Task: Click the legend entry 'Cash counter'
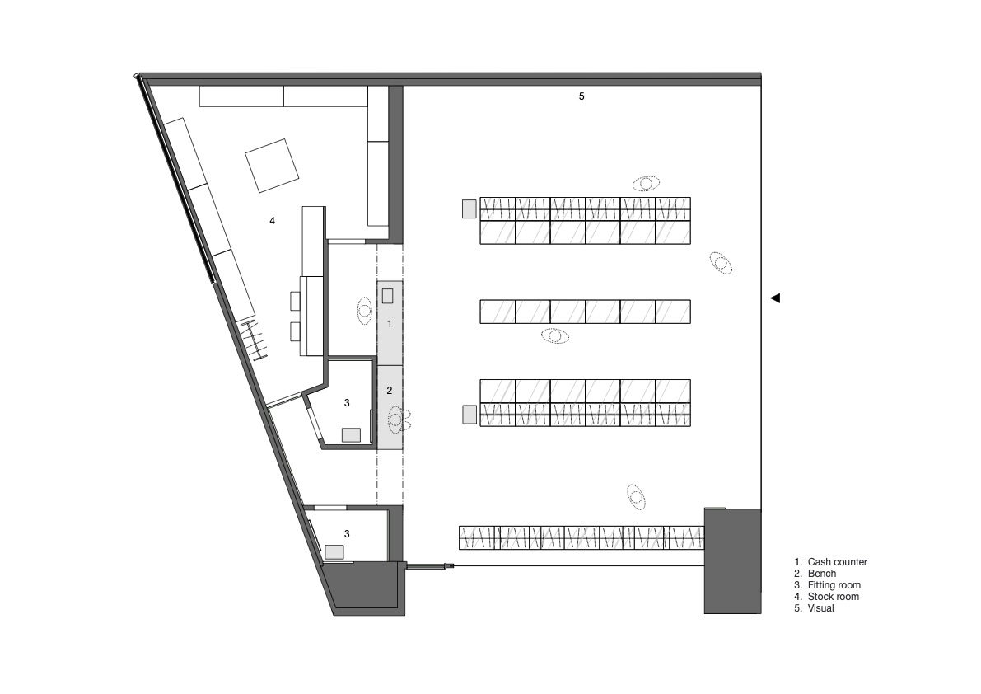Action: (837, 562)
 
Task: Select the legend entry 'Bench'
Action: (821, 573)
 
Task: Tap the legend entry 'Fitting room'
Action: (834, 585)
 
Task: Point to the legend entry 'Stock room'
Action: (834, 597)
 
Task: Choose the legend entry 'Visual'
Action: (821, 607)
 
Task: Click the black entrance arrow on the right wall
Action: (775, 298)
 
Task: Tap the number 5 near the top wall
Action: (582, 96)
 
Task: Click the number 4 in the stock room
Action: (272, 220)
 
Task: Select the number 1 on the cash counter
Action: (389, 324)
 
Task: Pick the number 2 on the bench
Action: (389, 391)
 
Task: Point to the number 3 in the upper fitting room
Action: (348, 403)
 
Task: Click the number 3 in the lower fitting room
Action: (348, 534)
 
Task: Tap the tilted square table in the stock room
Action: (272, 165)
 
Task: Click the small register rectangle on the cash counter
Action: (388, 295)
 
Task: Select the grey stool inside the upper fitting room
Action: (351, 435)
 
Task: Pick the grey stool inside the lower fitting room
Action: (334, 552)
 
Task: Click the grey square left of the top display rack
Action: (469, 209)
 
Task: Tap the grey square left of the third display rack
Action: (469, 415)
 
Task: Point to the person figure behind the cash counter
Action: (365, 311)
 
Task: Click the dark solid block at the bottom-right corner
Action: (732, 560)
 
